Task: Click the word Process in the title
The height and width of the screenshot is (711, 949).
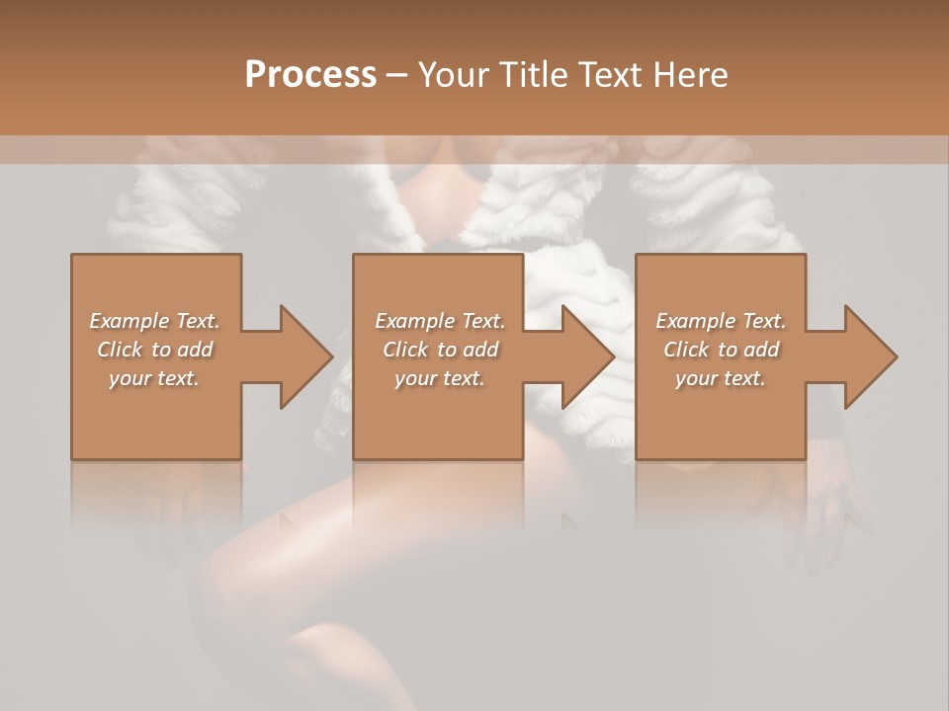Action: tap(310, 75)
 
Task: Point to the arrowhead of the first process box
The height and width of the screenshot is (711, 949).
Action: tap(305, 356)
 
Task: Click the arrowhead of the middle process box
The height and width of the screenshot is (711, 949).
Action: tap(588, 356)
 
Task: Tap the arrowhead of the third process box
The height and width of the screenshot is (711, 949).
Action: tap(870, 356)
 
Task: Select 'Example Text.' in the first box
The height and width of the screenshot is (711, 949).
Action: tap(154, 321)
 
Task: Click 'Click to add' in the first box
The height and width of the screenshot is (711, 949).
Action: tap(154, 350)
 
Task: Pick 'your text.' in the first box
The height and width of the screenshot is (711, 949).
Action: tap(154, 378)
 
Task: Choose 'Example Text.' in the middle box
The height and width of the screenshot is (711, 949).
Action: tap(439, 321)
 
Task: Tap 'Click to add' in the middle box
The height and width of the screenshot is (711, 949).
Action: tap(439, 350)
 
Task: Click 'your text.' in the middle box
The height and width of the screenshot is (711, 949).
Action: tap(439, 378)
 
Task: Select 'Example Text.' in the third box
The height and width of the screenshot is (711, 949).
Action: tap(721, 321)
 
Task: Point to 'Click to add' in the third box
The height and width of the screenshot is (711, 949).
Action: tap(721, 350)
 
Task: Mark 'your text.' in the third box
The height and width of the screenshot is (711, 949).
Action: tap(721, 378)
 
